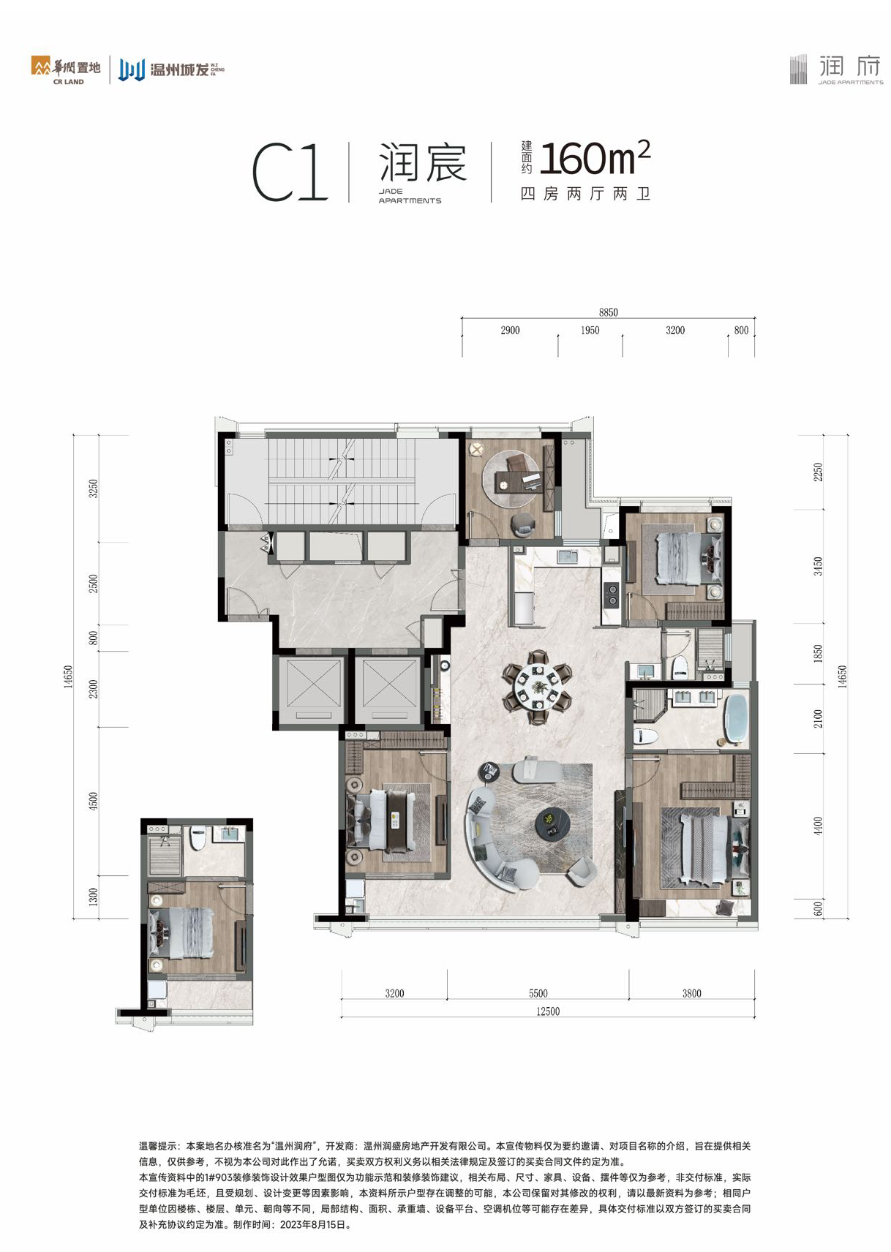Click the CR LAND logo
click(65, 70)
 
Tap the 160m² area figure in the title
click(595, 158)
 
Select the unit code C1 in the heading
click(290, 172)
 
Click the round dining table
click(537, 687)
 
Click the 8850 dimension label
click(608, 312)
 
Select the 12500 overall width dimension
click(547, 1011)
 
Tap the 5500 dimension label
click(538, 993)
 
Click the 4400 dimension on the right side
click(819, 826)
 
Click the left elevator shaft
click(313, 689)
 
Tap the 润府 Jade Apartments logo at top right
click(837, 69)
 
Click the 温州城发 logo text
click(179, 70)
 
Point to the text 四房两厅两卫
click(584, 194)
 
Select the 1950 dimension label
click(590, 331)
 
